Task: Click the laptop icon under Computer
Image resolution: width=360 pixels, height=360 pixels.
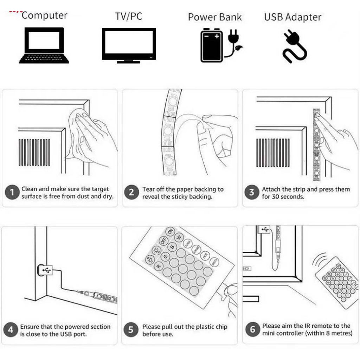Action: coord(44,45)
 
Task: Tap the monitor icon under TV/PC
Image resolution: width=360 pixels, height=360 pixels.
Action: coord(129,45)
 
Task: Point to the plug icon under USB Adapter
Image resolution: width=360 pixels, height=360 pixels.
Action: coord(294,46)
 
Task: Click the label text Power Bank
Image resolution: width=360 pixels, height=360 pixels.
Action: coord(215,17)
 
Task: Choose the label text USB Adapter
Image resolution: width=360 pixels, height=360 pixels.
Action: coord(292,17)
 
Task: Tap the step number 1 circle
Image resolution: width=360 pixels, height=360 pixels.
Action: coord(12,193)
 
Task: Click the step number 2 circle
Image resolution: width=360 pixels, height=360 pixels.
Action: coord(131,193)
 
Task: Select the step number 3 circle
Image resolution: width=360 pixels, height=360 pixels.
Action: coord(252,193)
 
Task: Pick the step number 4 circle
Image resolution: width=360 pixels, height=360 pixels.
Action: coord(11,330)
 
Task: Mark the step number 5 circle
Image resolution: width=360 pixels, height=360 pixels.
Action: coord(131,330)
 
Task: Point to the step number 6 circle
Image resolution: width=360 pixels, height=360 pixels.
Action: coord(252,330)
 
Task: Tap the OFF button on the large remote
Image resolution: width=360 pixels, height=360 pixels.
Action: coord(163,241)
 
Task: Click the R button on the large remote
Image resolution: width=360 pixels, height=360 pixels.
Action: coord(158,266)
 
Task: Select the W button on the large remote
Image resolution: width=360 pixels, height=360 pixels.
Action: coord(179,238)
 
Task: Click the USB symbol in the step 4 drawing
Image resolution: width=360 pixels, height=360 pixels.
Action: coord(45,270)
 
